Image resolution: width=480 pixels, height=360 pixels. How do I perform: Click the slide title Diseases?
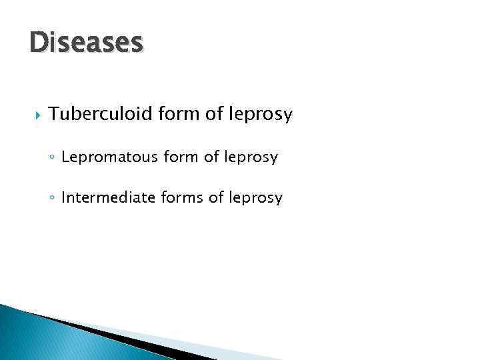[x=87, y=43]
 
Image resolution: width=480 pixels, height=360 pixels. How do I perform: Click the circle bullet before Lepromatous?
[x=52, y=159]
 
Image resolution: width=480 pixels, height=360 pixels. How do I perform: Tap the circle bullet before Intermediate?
[x=52, y=199]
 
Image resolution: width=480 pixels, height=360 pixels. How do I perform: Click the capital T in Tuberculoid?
[x=53, y=115]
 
